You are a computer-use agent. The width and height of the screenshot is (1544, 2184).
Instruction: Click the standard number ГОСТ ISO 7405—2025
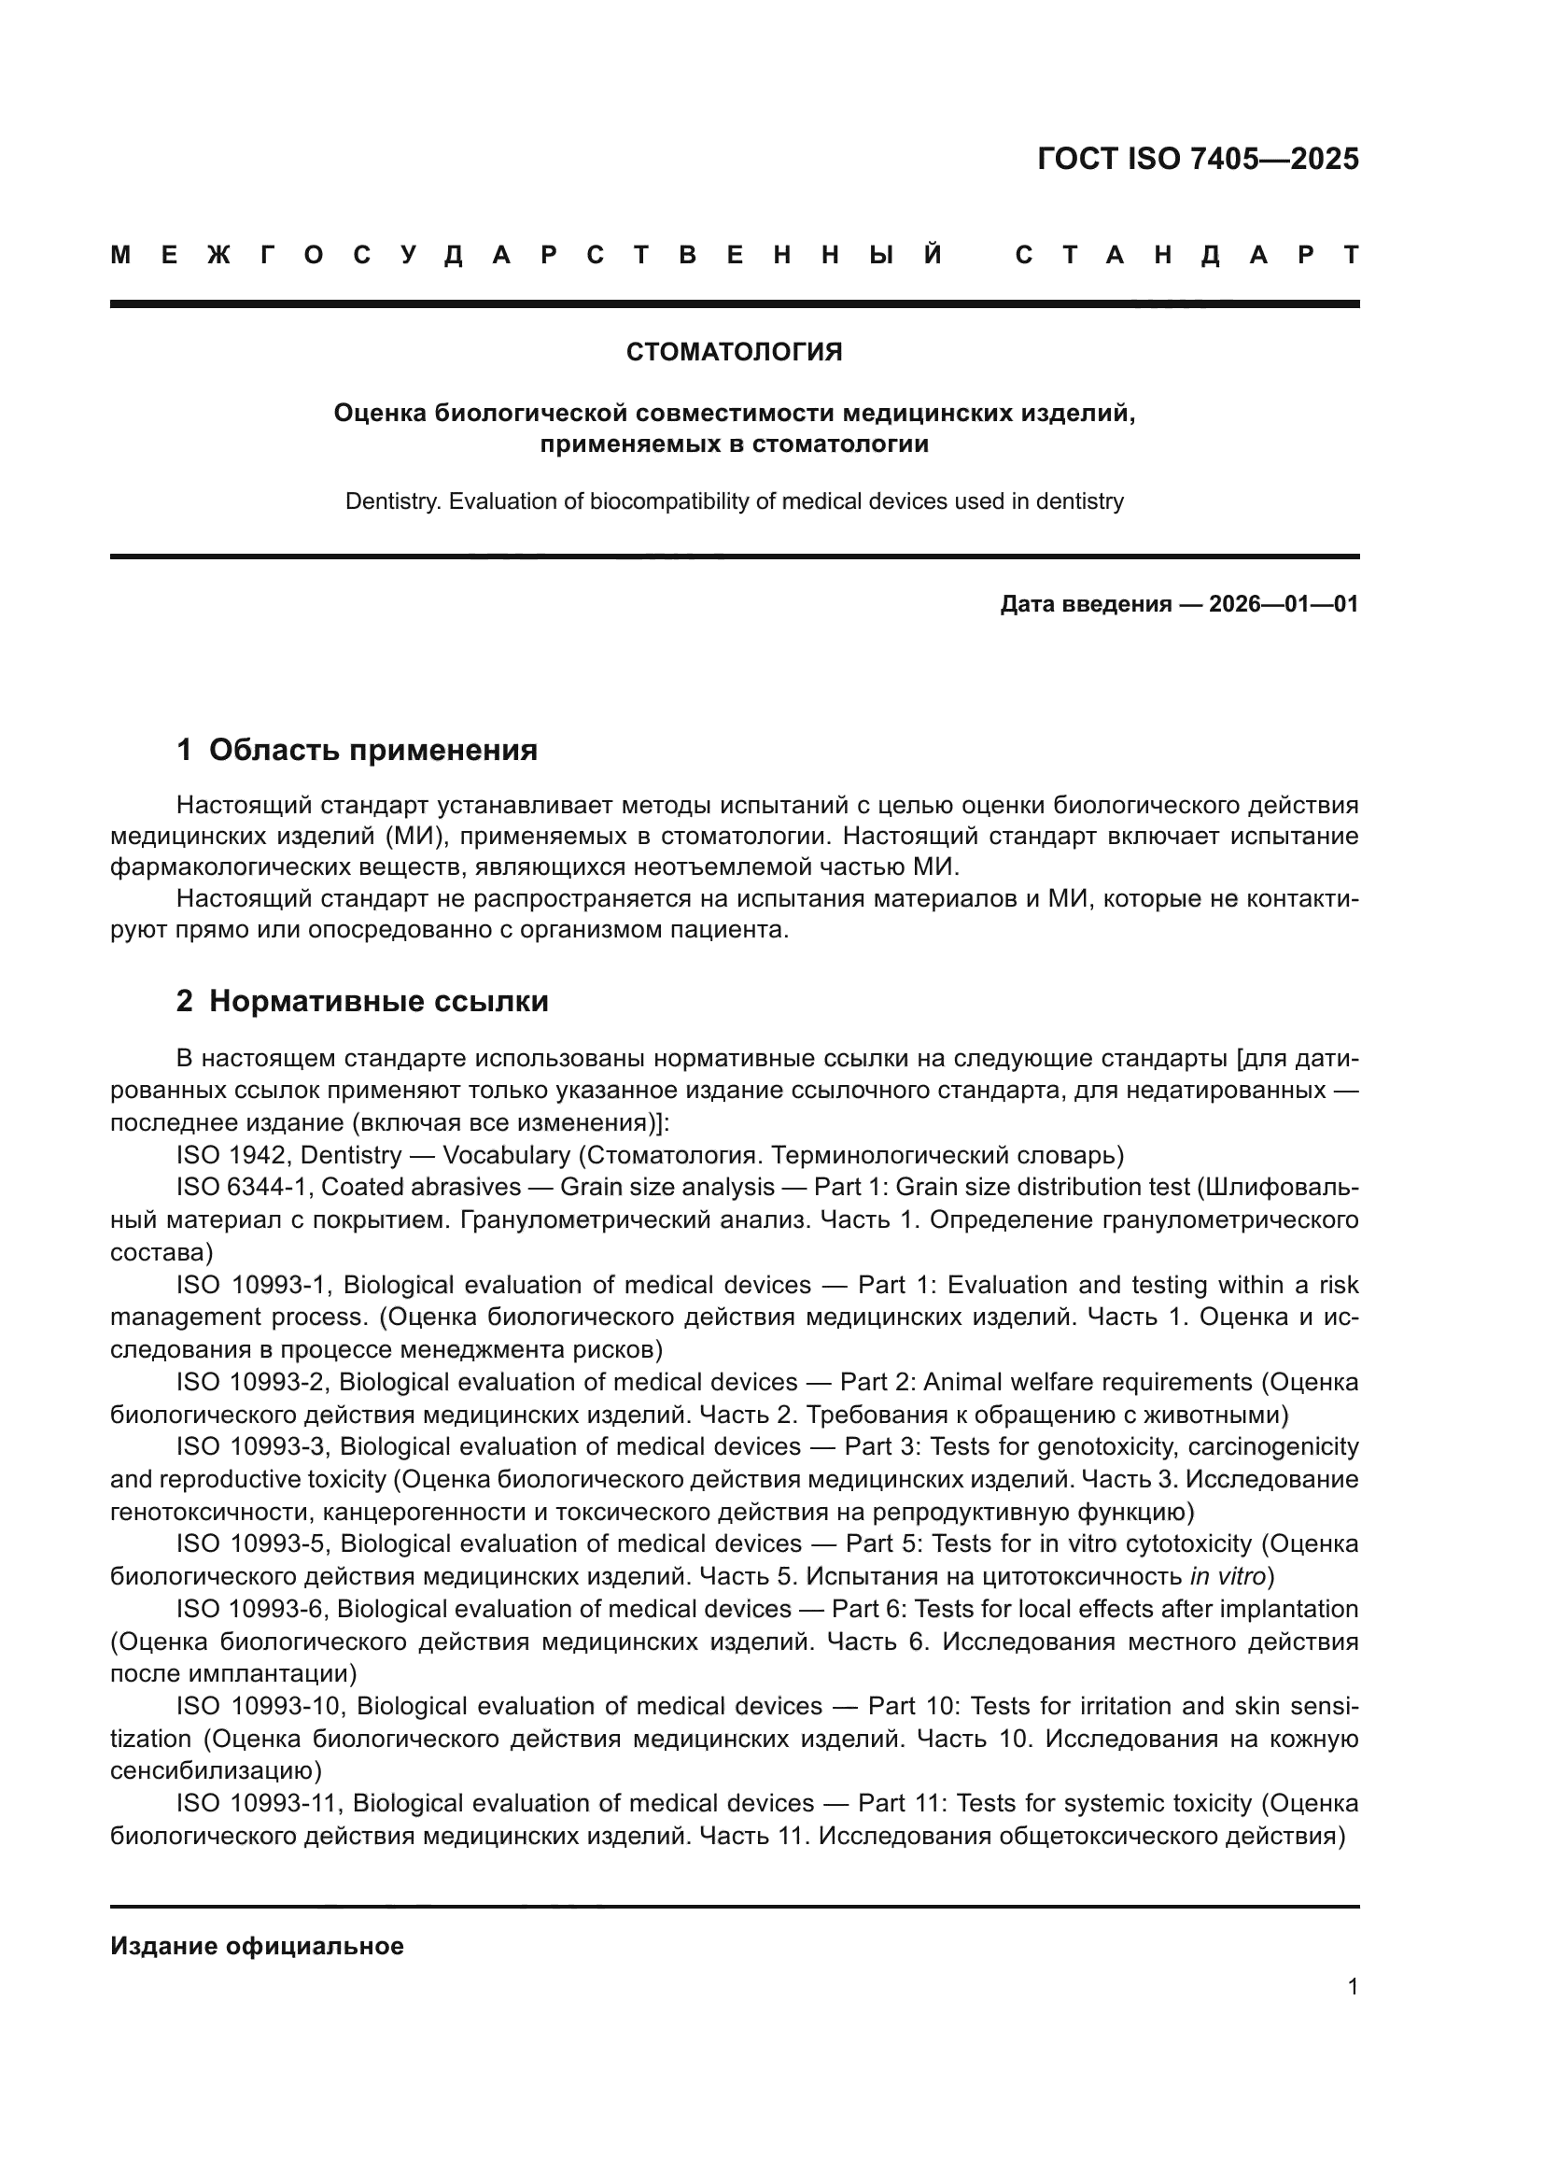[x=1197, y=158]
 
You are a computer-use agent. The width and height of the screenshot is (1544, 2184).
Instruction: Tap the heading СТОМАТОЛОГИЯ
[x=734, y=353]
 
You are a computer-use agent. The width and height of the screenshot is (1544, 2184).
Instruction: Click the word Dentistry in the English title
[x=392, y=501]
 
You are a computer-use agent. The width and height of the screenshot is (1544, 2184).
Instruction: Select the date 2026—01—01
[x=1283, y=604]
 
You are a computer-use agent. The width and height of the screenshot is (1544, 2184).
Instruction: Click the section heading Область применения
[x=372, y=751]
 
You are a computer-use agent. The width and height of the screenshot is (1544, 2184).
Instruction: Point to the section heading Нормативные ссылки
[x=378, y=1002]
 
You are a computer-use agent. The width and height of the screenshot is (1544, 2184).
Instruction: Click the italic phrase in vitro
[x=1227, y=1577]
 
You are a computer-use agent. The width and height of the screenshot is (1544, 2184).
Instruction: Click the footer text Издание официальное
[x=257, y=1946]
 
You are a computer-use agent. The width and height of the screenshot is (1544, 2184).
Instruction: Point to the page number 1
[x=1352, y=1987]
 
